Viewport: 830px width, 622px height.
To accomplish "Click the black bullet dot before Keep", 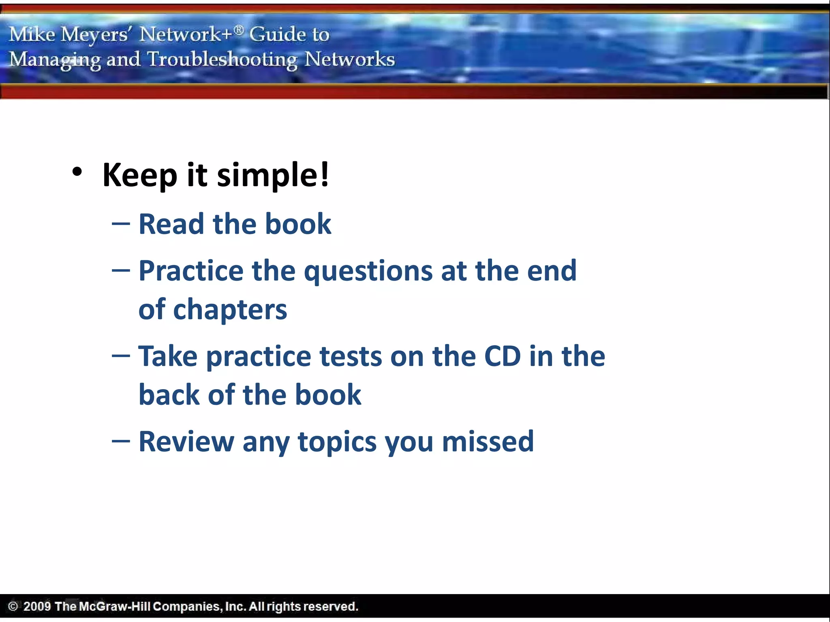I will tap(77, 173).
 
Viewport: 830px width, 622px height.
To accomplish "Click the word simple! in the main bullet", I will tap(273, 175).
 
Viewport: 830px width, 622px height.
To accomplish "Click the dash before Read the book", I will tap(121, 224).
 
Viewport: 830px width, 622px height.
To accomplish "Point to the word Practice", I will tap(191, 271).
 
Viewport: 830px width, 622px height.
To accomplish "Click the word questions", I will tap(368, 271).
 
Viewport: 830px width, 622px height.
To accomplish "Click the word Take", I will tap(168, 356).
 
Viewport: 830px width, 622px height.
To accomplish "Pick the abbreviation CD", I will tap(503, 356).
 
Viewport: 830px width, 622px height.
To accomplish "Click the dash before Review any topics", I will tap(121, 441).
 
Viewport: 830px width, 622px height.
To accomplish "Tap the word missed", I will tap(488, 441).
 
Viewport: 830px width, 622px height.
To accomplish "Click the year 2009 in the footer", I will tap(37, 606).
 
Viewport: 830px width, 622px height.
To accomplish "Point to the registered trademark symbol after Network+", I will tap(239, 29).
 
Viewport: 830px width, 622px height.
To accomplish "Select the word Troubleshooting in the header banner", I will tap(222, 59).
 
